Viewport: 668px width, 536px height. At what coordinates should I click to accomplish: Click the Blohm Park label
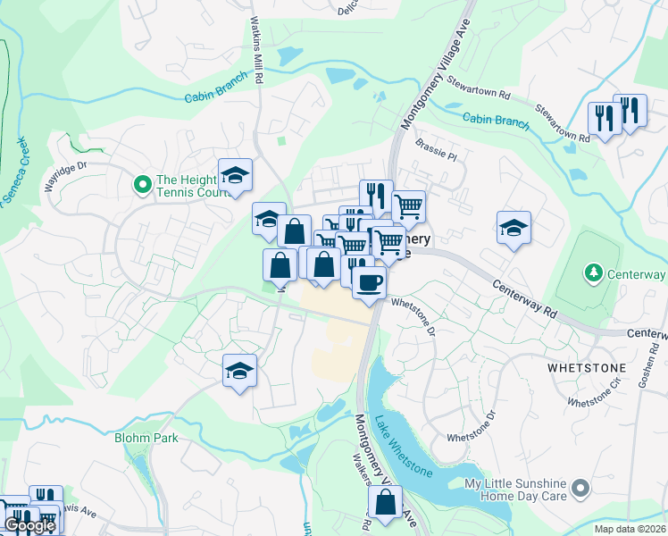[146, 438]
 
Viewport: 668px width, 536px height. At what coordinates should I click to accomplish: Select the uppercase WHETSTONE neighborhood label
[579, 367]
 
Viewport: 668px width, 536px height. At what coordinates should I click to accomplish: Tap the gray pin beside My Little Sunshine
[580, 488]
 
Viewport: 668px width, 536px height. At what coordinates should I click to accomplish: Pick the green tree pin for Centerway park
[591, 272]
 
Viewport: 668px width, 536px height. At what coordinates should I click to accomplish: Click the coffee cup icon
[368, 281]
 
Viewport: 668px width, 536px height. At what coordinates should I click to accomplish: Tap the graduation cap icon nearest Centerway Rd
[514, 228]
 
